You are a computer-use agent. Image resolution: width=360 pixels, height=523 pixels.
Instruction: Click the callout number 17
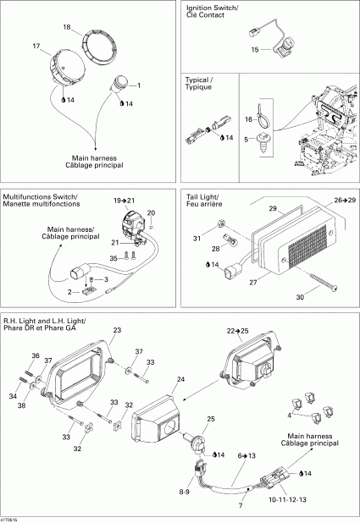pyautogui.click(x=36, y=45)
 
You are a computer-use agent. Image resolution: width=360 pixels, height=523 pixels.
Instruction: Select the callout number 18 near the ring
pyautogui.click(x=66, y=28)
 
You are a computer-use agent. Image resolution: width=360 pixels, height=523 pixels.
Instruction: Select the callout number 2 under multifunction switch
pyautogui.click(x=72, y=290)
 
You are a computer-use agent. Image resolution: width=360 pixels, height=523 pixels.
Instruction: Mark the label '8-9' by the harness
pyautogui.click(x=184, y=491)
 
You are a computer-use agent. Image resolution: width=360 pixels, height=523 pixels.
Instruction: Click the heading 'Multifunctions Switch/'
pyautogui.click(x=41, y=196)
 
